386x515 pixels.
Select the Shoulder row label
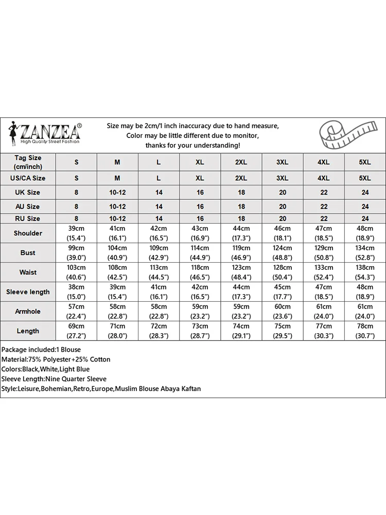28,233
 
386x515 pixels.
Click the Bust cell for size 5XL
365,253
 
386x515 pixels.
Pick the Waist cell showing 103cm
76,272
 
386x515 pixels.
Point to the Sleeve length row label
28,292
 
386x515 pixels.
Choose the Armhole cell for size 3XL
283,312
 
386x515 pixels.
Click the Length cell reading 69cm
76,331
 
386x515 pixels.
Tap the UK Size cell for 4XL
324,192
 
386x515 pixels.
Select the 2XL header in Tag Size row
241,162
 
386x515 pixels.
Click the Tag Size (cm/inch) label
28,162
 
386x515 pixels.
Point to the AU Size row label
28,206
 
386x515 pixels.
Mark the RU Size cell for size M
117,219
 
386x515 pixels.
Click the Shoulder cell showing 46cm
283,233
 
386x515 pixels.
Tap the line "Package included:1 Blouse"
41,350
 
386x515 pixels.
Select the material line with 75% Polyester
56,359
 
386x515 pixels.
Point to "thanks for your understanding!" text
192,146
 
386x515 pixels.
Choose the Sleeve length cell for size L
159,292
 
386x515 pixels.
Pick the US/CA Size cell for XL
200,178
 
